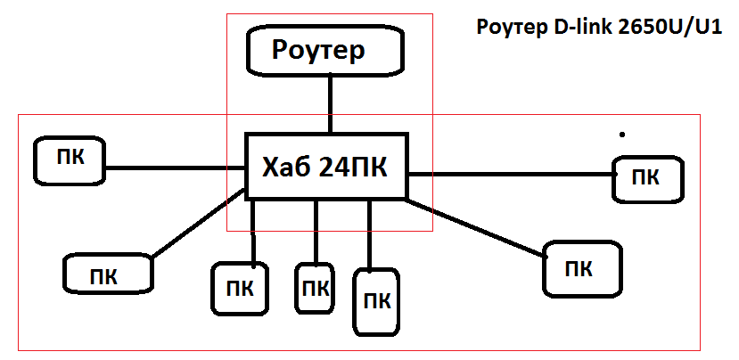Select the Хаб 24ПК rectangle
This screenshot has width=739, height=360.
point(326,167)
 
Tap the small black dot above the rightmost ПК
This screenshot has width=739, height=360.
point(621,135)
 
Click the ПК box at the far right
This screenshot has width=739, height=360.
point(648,177)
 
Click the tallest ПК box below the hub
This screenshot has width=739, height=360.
point(378,300)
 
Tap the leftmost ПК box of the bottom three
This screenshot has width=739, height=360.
point(239,288)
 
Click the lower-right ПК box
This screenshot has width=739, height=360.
point(580,267)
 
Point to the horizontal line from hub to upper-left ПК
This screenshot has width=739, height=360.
point(174,166)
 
